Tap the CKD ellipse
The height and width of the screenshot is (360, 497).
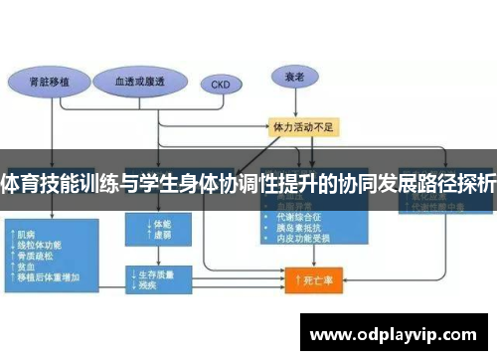[220, 85]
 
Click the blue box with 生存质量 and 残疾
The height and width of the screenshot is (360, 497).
[155, 278]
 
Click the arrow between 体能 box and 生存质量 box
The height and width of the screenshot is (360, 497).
[149, 256]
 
